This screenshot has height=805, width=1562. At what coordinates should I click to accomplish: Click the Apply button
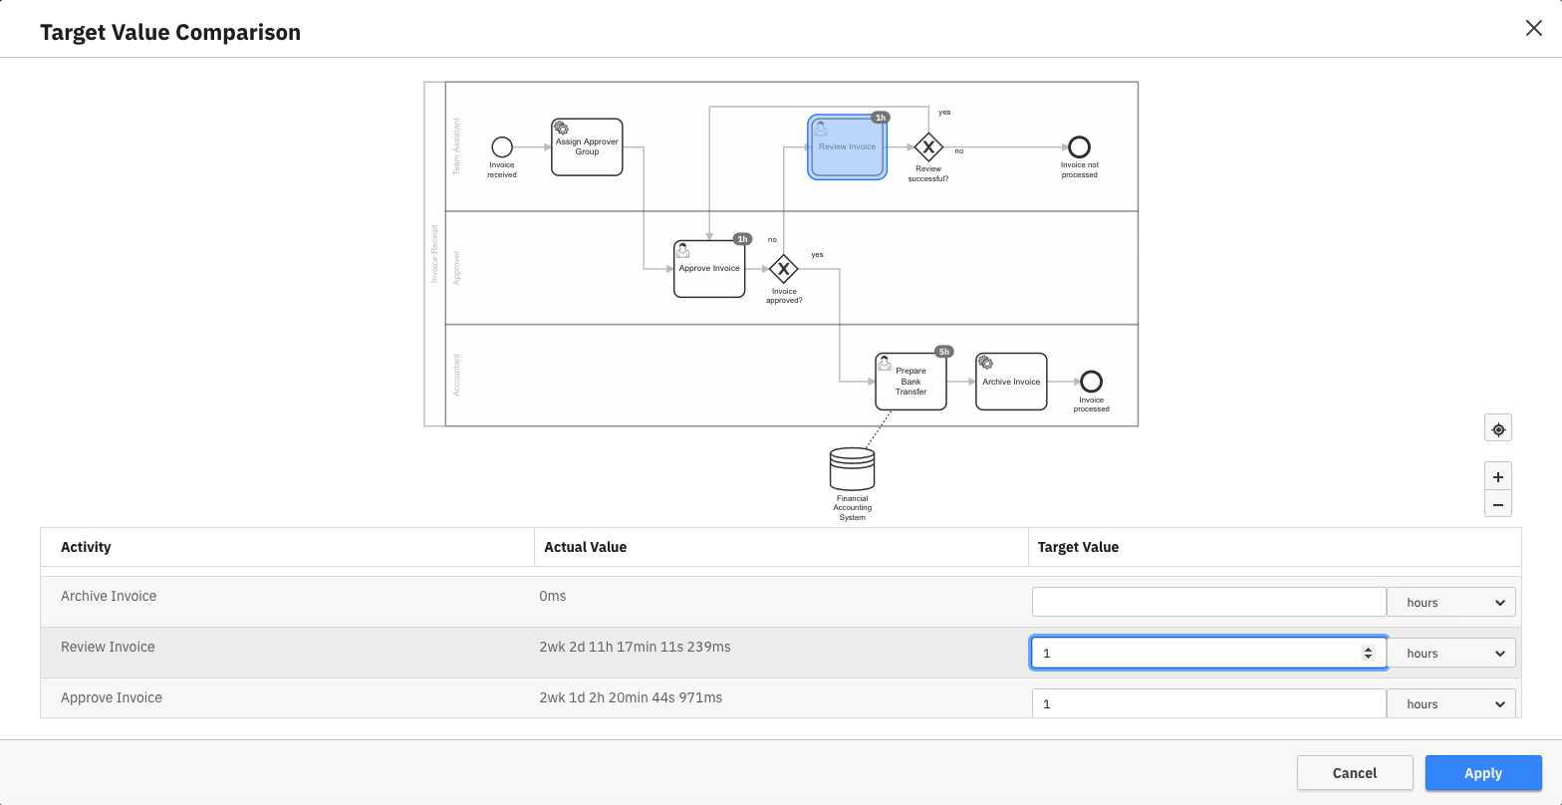(1482, 773)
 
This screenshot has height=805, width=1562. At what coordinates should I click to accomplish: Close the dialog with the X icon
(1533, 28)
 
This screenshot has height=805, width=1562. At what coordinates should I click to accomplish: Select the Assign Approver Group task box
(587, 147)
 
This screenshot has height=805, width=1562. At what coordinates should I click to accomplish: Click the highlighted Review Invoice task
(847, 146)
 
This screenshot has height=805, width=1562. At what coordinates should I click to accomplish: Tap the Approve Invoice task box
(709, 269)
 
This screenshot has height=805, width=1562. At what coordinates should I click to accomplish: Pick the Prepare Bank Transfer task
(911, 382)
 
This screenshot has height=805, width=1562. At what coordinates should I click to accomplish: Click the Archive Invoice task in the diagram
(1011, 382)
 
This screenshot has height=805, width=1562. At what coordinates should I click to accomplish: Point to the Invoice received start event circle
(502, 146)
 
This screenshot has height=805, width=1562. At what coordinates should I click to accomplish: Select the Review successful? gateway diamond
(928, 147)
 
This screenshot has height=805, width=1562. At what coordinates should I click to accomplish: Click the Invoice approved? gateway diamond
(784, 269)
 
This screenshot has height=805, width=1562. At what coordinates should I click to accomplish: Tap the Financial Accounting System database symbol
(852, 468)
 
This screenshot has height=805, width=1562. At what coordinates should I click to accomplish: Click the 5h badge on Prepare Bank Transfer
(943, 352)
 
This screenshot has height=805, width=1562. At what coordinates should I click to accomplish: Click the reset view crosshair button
(1497, 429)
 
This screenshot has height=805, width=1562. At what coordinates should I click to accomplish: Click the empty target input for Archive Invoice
(1208, 602)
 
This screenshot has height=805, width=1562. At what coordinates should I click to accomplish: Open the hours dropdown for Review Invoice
(1451, 654)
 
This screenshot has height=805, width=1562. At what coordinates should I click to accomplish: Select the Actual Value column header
(586, 547)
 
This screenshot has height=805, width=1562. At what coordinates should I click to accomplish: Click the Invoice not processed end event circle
(1079, 147)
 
